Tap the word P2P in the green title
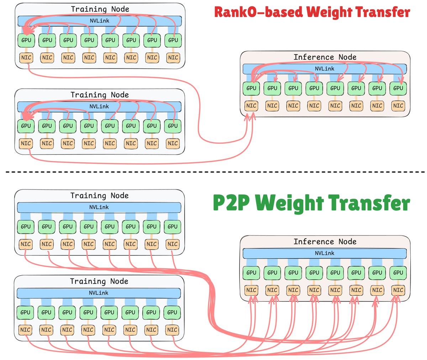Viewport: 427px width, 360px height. tap(231, 203)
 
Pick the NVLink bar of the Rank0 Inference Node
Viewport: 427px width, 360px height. tap(325, 69)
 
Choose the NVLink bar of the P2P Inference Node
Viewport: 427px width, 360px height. tap(325, 253)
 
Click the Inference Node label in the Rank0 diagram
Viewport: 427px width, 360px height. tap(325, 57)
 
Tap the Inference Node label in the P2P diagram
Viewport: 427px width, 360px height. tap(325, 241)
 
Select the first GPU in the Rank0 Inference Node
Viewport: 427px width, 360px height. tap(251, 88)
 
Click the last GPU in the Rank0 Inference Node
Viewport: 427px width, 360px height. tap(398, 88)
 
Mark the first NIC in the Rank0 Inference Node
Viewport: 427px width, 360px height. tap(251, 106)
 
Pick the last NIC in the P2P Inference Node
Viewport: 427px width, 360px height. tap(398, 290)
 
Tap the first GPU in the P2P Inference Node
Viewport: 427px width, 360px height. tap(251, 273)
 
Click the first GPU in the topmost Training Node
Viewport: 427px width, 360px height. tap(26, 40)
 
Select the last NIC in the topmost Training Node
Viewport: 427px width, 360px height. tap(173, 57)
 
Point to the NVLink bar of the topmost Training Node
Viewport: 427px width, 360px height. tap(100, 21)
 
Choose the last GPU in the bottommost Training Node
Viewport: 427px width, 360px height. tap(172, 312)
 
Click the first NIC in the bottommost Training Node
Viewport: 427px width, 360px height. tap(25, 330)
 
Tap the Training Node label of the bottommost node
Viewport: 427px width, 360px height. tap(99, 281)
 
